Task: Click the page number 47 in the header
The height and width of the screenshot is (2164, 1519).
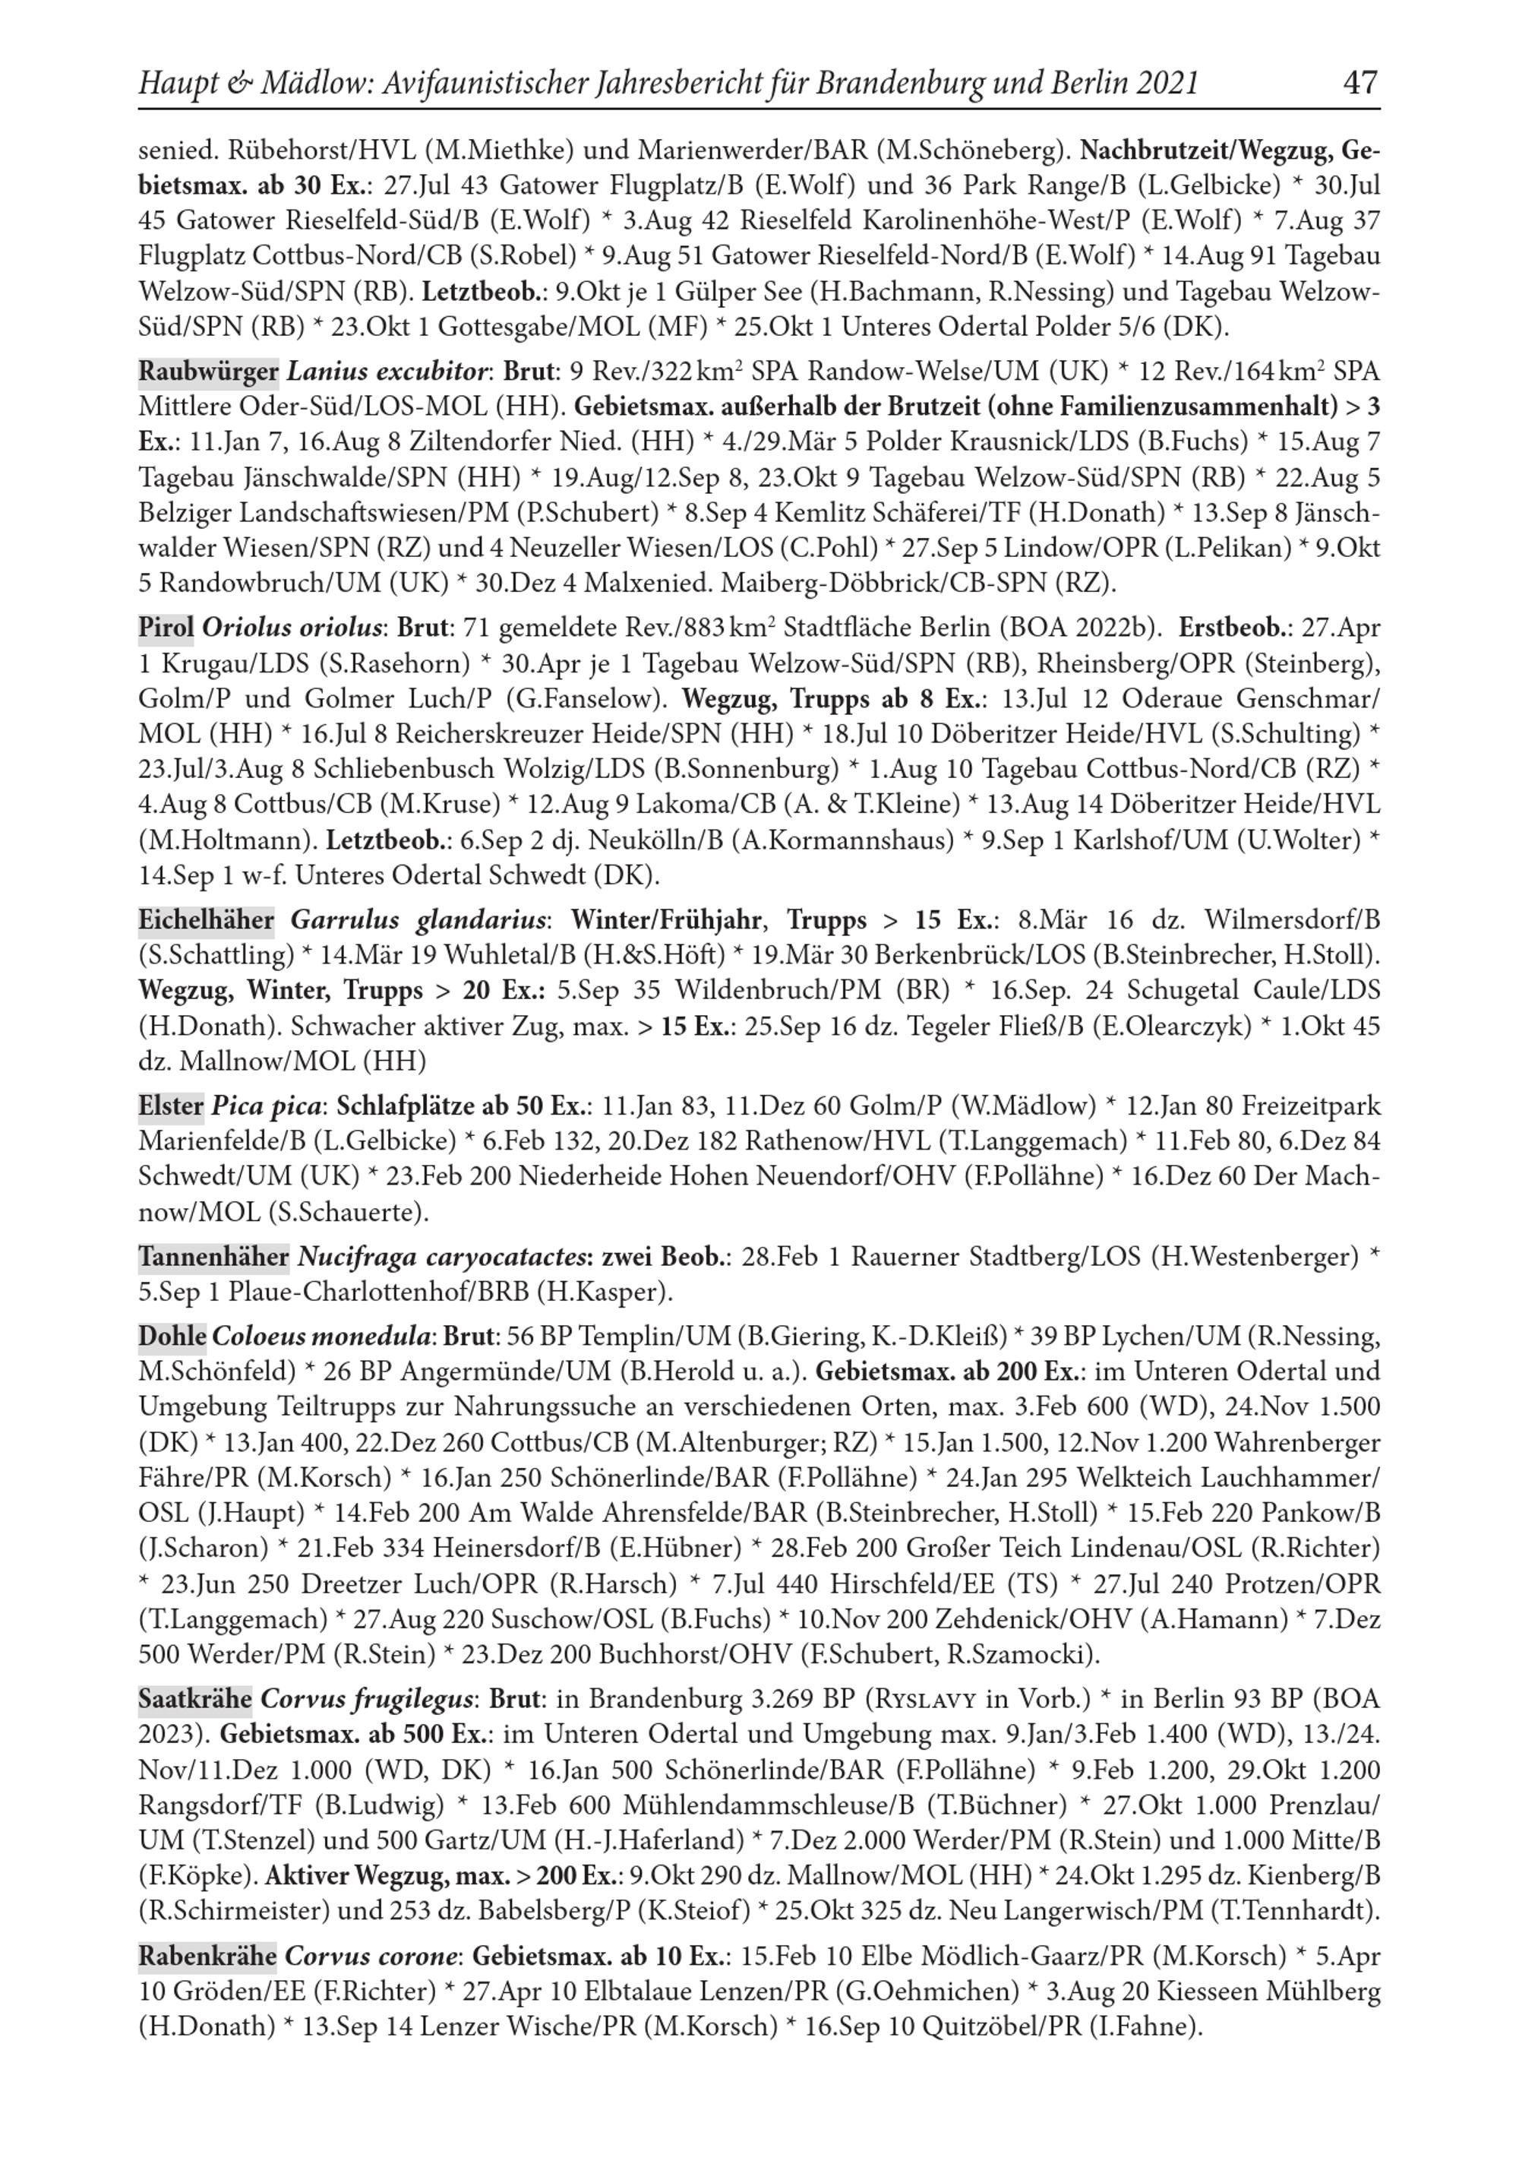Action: pyautogui.click(x=1360, y=83)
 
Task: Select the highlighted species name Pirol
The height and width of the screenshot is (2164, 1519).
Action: pyautogui.click(x=166, y=628)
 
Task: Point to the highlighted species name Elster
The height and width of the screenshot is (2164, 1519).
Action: pyautogui.click(x=171, y=1106)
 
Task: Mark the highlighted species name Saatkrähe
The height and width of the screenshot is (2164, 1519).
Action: pyautogui.click(x=195, y=1699)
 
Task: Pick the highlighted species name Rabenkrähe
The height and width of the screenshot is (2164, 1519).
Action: pyautogui.click(x=207, y=1957)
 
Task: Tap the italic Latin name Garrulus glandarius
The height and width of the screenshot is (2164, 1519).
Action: pyautogui.click(x=418, y=920)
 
